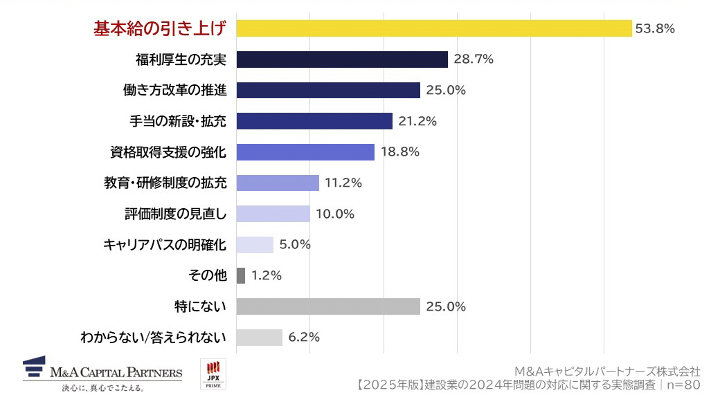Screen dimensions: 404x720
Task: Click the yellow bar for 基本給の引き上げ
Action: [x=433, y=28]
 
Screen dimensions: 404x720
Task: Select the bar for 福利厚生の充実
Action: [x=342, y=59]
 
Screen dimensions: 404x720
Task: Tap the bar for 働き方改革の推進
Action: [x=328, y=90]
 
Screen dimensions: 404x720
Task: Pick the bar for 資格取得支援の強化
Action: [x=305, y=152]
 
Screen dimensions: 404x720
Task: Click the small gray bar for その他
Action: [x=241, y=275]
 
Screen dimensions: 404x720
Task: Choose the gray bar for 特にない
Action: [x=328, y=306]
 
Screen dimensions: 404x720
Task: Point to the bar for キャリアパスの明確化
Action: [x=255, y=244]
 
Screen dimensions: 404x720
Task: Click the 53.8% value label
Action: [x=655, y=28]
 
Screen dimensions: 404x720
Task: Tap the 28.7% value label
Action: [x=474, y=59]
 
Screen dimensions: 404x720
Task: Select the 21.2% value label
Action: [x=417, y=122]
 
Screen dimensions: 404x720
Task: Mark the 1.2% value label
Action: [x=267, y=275]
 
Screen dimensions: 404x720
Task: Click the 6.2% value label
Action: [x=304, y=338]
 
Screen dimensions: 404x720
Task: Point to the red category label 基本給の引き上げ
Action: [x=160, y=28]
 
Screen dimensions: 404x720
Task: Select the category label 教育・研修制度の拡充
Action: [x=165, y=183]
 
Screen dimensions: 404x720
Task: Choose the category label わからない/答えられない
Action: [x=153, y=338]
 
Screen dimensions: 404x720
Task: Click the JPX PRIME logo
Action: [x=212, y=374]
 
